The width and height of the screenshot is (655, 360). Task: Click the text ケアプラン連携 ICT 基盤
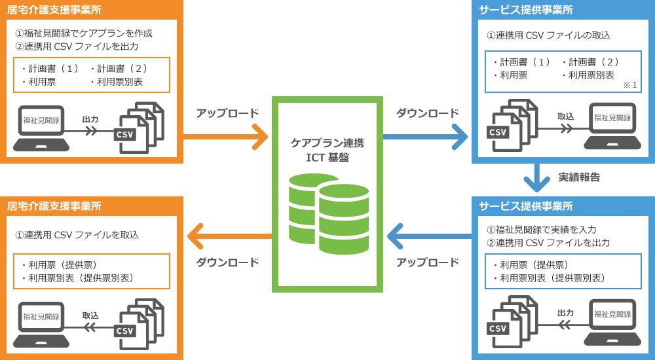coord(327,150)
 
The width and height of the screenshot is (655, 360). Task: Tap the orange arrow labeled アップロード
coord(226,137)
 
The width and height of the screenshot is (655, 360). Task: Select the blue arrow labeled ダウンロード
coord(425,137)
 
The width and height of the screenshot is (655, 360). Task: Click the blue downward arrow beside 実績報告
coord(536,177)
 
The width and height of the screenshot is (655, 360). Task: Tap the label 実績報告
coord(578,177)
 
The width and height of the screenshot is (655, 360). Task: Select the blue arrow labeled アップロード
coord(428,236)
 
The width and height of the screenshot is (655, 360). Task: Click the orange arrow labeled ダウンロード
coord(229,236)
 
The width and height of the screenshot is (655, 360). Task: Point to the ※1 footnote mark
coord(629,85)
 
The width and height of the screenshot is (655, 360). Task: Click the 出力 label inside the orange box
coord(90,119)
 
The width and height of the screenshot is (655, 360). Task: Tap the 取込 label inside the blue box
coord(565,117)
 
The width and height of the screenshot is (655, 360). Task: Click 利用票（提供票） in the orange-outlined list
coord(59,265)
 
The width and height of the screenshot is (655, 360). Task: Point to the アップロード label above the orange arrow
coord(227,113)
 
